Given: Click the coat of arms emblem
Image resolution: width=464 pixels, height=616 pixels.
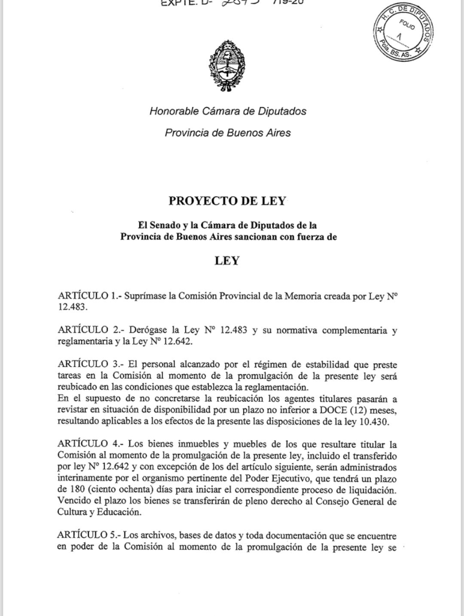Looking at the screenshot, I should tap(227, 63).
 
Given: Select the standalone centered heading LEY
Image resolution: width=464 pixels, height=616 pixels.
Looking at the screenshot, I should tap(227, 261).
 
